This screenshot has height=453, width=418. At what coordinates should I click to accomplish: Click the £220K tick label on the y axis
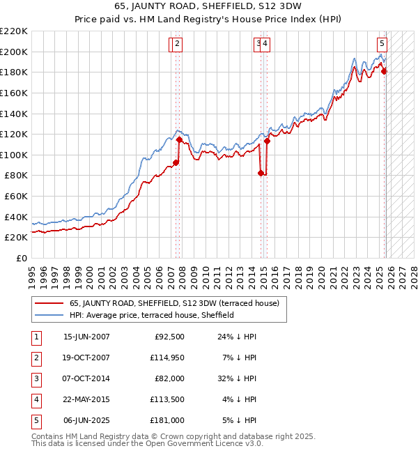click(x=14, y=31)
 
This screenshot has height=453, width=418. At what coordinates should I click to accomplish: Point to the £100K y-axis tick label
click(x=14, y=155)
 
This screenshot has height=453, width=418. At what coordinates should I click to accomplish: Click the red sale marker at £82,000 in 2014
click(x=261, y=174)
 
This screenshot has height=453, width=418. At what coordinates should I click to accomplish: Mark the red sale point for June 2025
click(x=385, y=71)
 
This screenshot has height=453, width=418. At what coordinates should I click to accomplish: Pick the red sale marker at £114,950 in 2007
click(x=179, y=139)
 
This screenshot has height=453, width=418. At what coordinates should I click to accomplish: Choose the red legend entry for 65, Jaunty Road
click(x=174, y=303)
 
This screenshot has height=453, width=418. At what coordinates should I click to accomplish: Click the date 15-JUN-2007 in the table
click(x=86, y=337)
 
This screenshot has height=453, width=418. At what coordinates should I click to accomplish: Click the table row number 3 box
click(x=35, y=379)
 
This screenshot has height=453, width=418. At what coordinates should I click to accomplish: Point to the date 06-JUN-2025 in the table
click(x=86, y=420)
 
